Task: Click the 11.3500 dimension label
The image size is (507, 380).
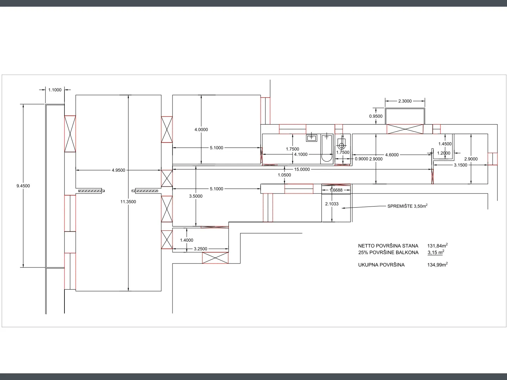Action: click(x=128, y=202)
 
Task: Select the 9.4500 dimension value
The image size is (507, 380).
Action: click(x=23, y=186)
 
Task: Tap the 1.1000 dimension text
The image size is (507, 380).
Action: click(x=55, y=90)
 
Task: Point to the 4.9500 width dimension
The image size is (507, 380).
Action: click(x=119, y=170)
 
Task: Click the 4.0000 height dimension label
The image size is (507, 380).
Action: click(x=201, y=130)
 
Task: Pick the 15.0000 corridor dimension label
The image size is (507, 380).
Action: click(x=302, y=169)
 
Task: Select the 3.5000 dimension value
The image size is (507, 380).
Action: click(x=196, y=196)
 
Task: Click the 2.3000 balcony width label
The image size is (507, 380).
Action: click(x=405, y=101)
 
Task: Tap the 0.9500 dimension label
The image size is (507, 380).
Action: click(x=376, y=116)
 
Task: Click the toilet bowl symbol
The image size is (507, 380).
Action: click(x=342, y=144)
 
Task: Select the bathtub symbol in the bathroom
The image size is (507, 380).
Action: click(x=327, y=149)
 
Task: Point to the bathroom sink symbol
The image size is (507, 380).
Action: click(x=312, y=138)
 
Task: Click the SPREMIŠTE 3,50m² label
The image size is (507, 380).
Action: click(x=407, y=206)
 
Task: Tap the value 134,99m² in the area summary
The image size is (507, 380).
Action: click(x=438, y=265)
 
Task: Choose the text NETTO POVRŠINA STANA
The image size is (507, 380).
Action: click(x=388, y=246)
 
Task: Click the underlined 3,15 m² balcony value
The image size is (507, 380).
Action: click(x=436, y=252)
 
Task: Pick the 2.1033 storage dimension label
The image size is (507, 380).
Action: click(x=332, y=204)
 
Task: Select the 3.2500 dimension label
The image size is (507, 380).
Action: click(x=200, y=249)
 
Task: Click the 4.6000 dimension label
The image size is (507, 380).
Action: click(x=392, y=155)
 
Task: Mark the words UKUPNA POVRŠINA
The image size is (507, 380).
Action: click(x=381, y=265)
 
